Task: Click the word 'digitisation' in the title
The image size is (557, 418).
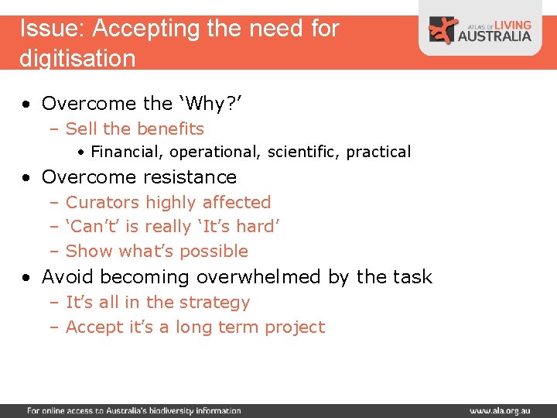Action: [x=77, y=58]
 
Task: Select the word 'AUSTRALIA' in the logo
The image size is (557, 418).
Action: [x=495, y=36]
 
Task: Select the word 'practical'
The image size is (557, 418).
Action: [x=378, y=152]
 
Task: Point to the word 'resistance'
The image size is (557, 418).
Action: [x=190, y=177]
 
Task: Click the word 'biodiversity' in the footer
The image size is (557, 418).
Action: [x=174, y=410]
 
